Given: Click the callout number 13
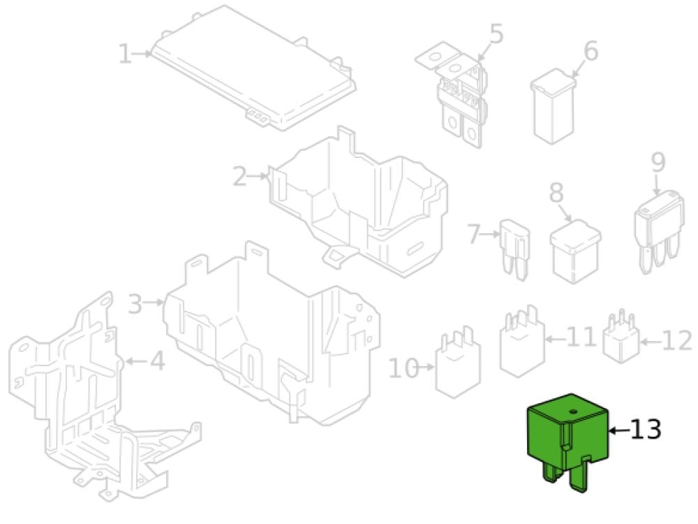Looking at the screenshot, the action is coord(646,430).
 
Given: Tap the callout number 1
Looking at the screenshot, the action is coord(125,54).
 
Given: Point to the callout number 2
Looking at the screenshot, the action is coord(240,177).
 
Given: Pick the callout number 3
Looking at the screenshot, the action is coord(135,304).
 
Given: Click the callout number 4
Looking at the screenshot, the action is coord(157,361).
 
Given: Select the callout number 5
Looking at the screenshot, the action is coord(496,34).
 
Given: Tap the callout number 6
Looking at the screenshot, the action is coord(591,51).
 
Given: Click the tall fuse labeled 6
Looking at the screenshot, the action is coord(553,106).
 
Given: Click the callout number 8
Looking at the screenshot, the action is coord(556,193).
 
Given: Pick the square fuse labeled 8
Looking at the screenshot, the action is coord(575,252).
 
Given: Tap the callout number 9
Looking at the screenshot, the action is coord(658,162).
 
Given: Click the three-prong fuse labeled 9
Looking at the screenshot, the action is coord(659,232).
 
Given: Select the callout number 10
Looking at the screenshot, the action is coord(403,368).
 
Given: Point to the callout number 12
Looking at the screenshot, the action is coord(676,342).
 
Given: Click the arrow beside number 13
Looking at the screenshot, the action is coord(618,430).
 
